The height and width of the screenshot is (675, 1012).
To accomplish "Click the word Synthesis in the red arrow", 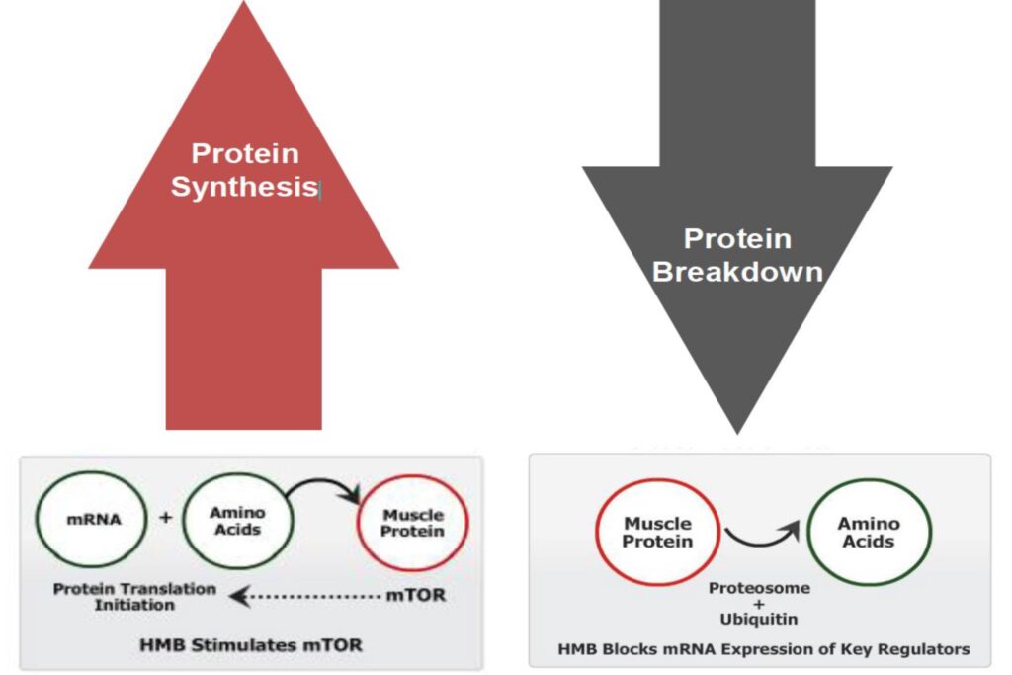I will (243, 187).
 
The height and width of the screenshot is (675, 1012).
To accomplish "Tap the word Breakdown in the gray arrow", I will (737, 272).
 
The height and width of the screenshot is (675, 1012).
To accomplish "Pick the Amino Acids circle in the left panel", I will (237, 521).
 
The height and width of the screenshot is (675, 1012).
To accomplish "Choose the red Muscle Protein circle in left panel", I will (413, 523).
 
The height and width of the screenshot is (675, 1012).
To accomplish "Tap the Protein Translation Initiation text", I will (134, 596).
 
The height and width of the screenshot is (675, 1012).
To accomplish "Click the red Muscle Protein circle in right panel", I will (657, 532).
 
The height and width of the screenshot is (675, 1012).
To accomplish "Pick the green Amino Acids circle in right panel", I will (868, 532).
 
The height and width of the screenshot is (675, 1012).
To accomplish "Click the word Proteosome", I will (759, 588).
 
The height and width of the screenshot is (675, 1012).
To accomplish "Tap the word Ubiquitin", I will (759, 620).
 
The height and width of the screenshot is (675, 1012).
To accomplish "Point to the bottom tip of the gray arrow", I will (737, 431).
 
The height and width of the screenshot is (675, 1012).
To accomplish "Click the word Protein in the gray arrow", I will (737, 238).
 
